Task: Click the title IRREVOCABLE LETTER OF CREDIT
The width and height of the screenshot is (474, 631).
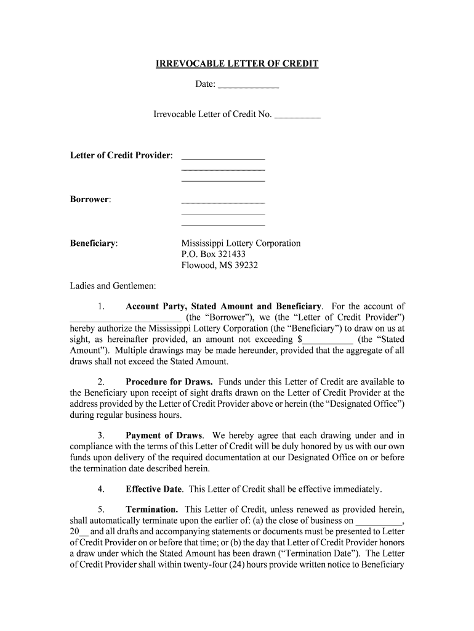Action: tap(236, 64)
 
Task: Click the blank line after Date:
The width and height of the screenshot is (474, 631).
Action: tap(248, 85)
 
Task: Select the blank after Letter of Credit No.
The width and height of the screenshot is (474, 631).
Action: tap(297, 115)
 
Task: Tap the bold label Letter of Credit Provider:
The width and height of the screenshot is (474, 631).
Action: tap(121, 155)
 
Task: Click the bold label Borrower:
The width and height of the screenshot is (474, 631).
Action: tap(90, 200)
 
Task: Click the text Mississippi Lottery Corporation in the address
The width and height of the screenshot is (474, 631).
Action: tap(241, 243)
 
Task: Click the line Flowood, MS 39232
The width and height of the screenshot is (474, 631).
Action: tap(219, 266)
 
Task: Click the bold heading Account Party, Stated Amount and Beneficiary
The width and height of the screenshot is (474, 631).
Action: tap(223, 306)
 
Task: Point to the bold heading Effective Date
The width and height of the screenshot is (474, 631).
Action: tap(154, 489)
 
